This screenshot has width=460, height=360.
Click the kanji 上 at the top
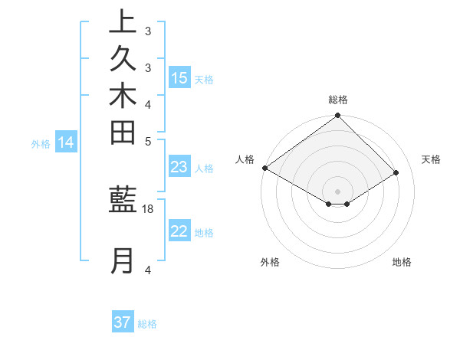pyautogui.click(x=123, y=22)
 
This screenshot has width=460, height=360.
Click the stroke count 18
pyautogui.click(x=148, y=208)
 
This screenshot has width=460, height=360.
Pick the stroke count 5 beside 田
pyautogui.click(x=148, y=141)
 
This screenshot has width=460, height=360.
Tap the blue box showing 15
pyautogui.click(x=179, y=78)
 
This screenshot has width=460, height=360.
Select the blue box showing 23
pyautogui.click(x=179, y=168)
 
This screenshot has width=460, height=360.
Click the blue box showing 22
pyautogui.click(x=179, y=232)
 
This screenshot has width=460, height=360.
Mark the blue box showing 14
pyautogui.click(x=66, y=142)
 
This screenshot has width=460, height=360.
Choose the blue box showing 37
pyautogui.click(x=123, y=322)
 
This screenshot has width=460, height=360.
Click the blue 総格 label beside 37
pyautogui.click(x=147, y=324)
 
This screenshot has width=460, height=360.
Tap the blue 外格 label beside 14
pyautogui.click(x=41, y=143)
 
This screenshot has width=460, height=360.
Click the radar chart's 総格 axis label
pyautogui.click(x=338, y=100)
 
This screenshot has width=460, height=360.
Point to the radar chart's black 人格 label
pyautogui.click(x=245, y=159)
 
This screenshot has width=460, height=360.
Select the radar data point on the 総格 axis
pyautogui.click(x=338, y=116)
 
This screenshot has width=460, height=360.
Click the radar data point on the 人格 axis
pyautogui.click(x=264, y=168)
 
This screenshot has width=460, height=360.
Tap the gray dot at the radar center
pyautogui.click(x=338, y=191)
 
